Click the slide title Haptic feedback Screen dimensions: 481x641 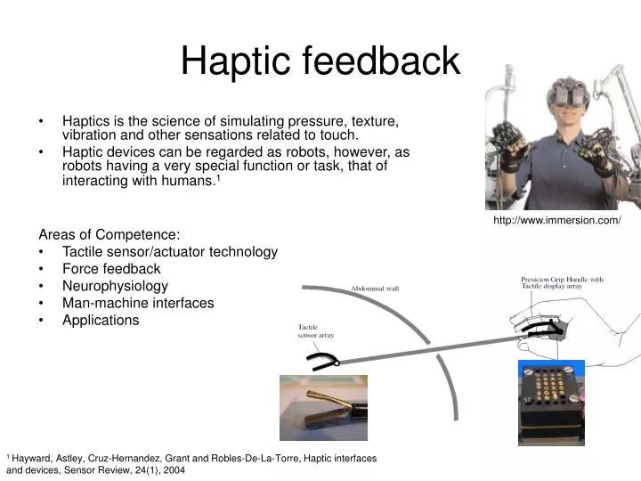[x=320, y=61]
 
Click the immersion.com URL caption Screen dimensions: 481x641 [x=556, y=221]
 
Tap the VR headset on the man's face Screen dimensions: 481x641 [x=567, y=92]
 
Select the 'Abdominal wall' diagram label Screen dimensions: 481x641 [x=375, y=289]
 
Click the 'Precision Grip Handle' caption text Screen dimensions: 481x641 [x=561, y=282]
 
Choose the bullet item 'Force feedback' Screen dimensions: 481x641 [x=111, y=268]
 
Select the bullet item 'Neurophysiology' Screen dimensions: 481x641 [x=115, y=286]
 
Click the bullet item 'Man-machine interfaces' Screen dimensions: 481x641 [x=138, y=303]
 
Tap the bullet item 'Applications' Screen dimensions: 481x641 [x=101, y=320]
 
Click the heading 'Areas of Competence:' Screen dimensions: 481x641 [x=109, y=235]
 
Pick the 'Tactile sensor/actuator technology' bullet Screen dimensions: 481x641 [x=169, y=252]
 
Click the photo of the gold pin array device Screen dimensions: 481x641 [x=551, y=402]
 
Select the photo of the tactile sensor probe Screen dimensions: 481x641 [x=323, y=408]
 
